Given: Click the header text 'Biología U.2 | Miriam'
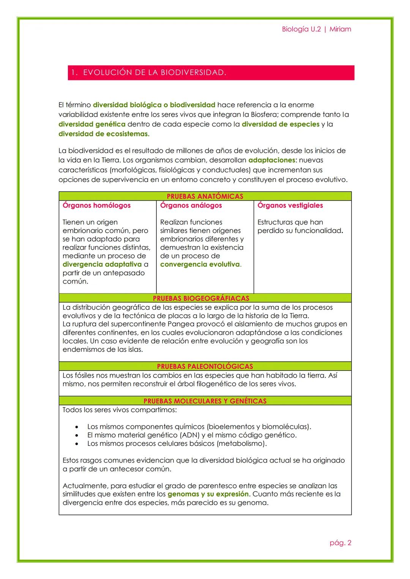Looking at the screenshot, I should click(316, 29).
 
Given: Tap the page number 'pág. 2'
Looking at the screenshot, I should click(340, 543).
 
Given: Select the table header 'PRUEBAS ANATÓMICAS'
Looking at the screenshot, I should click(205, 196).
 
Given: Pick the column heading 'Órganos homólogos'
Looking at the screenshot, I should click(96, 206).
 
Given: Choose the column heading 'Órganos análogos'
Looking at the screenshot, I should click(191, 206).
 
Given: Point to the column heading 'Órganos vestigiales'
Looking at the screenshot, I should click(290, 206).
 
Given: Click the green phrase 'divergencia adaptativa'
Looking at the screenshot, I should click(102, 264).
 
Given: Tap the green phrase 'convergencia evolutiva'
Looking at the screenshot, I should click(200, 264).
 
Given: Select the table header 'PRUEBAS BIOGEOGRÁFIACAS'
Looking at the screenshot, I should click(201, 298).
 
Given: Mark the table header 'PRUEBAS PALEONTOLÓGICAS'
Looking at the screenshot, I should click(205, 366).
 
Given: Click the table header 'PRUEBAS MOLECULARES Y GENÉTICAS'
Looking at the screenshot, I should click(205, 401).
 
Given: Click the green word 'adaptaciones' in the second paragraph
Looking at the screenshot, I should click(271, 160).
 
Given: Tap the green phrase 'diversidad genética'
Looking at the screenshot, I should click(92, 124).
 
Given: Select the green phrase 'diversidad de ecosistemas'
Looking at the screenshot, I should click(103, 134).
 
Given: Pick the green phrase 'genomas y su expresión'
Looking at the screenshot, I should click(208, 494).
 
